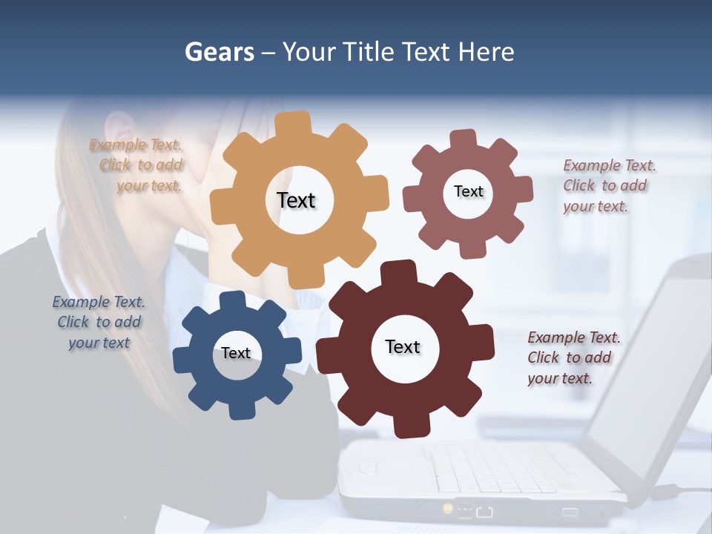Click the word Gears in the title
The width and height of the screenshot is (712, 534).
coord(219,52)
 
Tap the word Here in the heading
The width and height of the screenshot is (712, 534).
coord(486,52)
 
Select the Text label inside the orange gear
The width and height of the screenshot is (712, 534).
coord(296,200)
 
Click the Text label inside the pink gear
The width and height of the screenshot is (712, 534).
coord(468,191)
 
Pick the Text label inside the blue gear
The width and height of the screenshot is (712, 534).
coord(236,353)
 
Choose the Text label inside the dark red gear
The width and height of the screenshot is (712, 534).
coord(403,346)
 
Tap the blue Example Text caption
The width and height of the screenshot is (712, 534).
coord(99,322)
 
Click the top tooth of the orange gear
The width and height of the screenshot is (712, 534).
coord(297,122)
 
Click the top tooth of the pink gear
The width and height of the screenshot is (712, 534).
coord(464,139)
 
